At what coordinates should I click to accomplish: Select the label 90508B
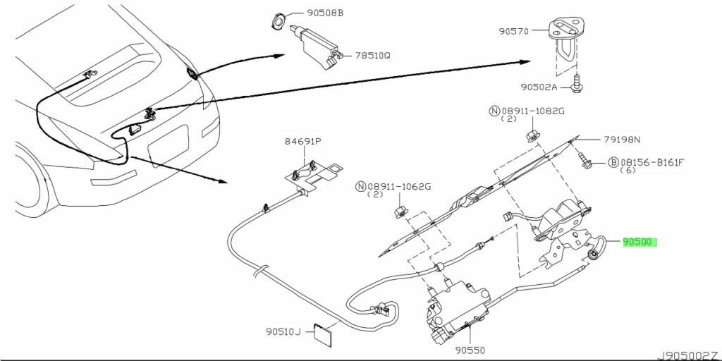(325, 13)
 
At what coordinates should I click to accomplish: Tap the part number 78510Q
(372, 56)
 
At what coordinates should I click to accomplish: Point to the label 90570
(514, 31)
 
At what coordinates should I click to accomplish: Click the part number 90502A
(539, 87)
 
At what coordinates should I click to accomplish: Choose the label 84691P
(302, 141)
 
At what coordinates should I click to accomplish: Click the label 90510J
(283, 331)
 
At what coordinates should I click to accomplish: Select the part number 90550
(470, 350)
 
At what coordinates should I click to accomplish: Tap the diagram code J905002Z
(688, 356)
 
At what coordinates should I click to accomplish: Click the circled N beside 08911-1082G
(494, 111)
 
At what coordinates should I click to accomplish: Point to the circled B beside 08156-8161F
(613, 162)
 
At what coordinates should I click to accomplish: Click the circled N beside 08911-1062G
(360, 186)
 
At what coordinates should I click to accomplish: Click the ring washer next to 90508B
(278, 20)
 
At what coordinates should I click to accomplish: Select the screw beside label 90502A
(576, 84)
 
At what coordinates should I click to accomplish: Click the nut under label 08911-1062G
(400, 212)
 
